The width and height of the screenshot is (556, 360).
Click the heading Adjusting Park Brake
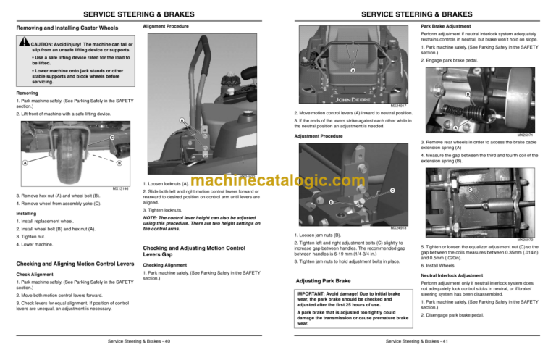tap(319, 280)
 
